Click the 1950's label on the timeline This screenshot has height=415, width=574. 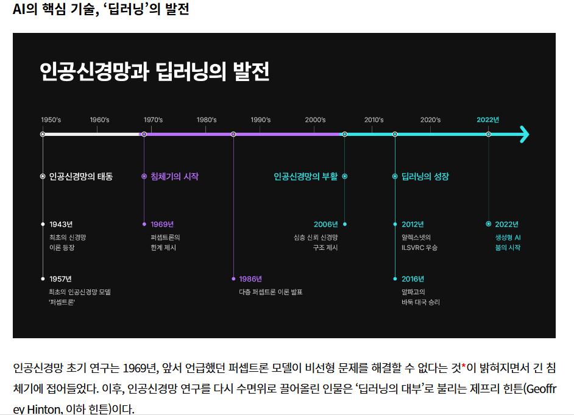click(x=51, y=120)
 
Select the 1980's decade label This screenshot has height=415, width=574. click(x=207, y=120)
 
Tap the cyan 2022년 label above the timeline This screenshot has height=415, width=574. click(x=487, y=119)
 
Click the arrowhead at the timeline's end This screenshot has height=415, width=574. click(x=524, y=134)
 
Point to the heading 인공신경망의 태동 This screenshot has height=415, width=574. click(x=80, y=177)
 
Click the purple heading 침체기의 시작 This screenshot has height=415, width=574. click(x=174, y=177)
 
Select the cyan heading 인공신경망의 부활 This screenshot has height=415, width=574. click(x=305, y=177)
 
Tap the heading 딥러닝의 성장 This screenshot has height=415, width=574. click(x=425, y=177)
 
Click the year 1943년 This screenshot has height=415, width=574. click(x=61, y=224)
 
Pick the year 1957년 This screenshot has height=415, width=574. click(x=61, y=279)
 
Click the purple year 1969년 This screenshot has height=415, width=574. click(x=162, y=224)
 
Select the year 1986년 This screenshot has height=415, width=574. click(x=250, y=279)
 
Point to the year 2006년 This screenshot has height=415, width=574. click(x=325, y=224)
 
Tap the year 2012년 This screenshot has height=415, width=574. click(x=413, y=224)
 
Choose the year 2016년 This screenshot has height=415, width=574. click(x=413, y=279)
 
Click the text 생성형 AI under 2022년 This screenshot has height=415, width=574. click(x=508, y=237)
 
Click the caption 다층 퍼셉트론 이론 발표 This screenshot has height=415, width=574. click(x=271, y=292)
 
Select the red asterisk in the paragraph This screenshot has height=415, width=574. click(x=463, y=367)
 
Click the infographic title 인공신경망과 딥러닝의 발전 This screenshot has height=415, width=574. click(x=154, y=72)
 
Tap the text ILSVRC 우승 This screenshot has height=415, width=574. click(x=419, y=248)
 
